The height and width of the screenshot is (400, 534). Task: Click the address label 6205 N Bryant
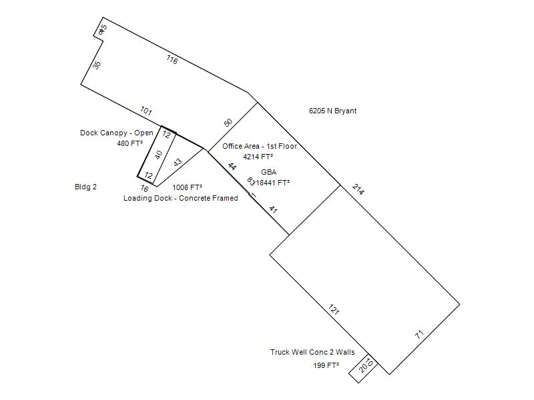[332, 111]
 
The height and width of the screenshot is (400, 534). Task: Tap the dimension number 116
[172, 59]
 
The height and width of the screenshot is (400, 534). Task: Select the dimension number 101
[146, 110]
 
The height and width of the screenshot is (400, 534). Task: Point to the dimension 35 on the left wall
[97, 65]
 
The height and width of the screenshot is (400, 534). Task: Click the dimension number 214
[358, 190]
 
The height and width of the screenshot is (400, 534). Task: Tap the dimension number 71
[419, 335]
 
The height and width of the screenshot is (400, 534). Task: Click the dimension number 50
[228, 123]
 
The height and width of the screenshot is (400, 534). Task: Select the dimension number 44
[232, 167]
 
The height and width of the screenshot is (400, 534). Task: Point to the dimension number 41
[273, 209]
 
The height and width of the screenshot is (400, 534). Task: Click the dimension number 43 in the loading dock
[178, 162]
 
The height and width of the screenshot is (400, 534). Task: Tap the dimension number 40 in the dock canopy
[158, 155]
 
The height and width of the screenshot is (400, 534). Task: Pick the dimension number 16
[144, 189]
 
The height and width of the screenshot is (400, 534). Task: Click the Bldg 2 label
[85, 187]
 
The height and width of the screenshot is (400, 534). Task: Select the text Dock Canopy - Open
[117, 133]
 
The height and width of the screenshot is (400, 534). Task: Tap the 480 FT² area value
[129, 143]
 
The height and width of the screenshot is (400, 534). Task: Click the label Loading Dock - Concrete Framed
[180, 198]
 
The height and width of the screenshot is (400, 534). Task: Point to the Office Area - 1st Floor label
[260, 146]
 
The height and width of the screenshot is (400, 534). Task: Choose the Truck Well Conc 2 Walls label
[312, 352]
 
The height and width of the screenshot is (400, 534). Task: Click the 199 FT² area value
[326, 365]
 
